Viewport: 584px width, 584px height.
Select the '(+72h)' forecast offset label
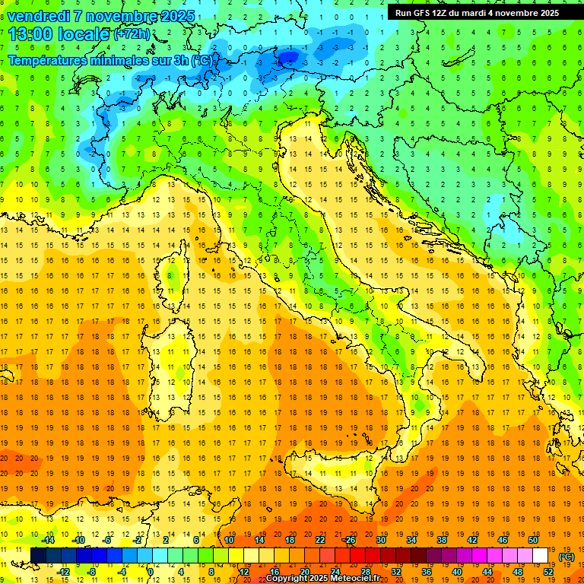tap(131, 34)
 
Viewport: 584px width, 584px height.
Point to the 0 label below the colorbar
tap(151, 572)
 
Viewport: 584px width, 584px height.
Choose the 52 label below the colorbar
tap(548, 572)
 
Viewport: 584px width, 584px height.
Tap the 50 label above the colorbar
tap(533, 540)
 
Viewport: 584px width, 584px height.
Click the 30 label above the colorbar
tap(381, 540)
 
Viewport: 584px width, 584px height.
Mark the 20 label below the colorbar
tap(304, 572)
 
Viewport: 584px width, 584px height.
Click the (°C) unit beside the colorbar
tap(567, 557)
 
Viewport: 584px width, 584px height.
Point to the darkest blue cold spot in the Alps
tap(287, 57)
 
